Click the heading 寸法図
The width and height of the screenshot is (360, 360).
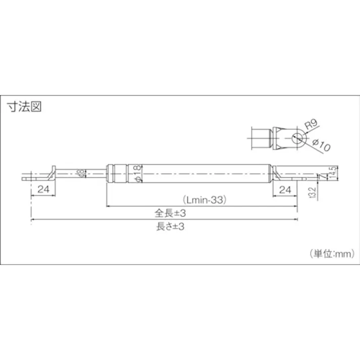pos(23,107)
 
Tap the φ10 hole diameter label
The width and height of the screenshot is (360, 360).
pos(320,145)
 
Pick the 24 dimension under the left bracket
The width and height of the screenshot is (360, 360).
pos(42,189)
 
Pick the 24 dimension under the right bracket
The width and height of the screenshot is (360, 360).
pos(285,189)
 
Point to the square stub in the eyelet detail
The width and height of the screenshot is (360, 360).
pos(262,137)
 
